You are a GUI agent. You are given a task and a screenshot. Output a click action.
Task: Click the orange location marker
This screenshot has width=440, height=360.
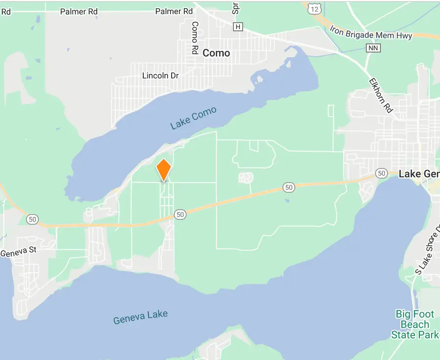point(163,170)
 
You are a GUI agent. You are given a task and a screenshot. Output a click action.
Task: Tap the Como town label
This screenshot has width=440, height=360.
point(216,53)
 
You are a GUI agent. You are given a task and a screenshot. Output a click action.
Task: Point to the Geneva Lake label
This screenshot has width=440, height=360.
point(140,317)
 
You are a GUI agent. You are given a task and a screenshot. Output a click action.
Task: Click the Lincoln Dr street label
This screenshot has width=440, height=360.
point(160,76)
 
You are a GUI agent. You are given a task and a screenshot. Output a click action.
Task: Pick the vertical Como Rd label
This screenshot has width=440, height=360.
point(195,38)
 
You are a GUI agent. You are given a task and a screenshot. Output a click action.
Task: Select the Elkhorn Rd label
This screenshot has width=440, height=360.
point(381,95)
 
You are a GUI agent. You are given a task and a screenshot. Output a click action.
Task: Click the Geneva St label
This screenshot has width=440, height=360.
point(19,253)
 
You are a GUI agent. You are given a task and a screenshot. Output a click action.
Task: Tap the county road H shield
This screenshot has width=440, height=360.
point(238,26)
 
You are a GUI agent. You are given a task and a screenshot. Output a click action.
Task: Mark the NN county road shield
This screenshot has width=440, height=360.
point(372,48)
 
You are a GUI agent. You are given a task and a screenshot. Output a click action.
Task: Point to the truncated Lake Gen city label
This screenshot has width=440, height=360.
point(419,174)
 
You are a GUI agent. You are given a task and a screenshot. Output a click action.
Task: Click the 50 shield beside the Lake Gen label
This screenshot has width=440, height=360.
point(381,173)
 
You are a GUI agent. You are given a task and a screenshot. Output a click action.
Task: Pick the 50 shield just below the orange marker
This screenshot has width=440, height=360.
point(180,214)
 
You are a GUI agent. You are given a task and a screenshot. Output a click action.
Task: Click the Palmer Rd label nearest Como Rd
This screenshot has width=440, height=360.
point(174,11)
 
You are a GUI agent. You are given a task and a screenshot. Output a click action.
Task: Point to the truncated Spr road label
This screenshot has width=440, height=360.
point(236,7)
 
